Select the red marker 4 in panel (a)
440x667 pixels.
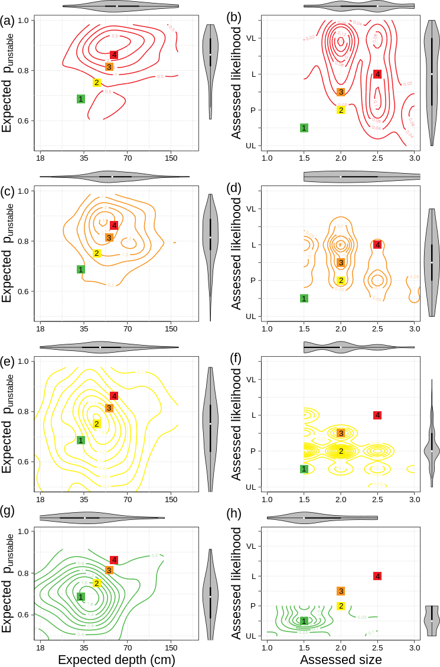tap(114, 55)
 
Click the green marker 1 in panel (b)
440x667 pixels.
tap(304, 128)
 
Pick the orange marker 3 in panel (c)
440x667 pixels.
tap(109, 237)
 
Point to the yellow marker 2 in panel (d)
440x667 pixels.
tap(341, 281)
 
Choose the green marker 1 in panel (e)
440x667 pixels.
tap(81, 440)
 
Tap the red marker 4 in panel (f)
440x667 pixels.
tap(377, 415)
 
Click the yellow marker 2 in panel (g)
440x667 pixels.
tap(97, 583)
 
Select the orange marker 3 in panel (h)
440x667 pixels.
tap(341, 591)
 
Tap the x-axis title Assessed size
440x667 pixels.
tap(341, 659)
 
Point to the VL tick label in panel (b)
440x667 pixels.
tap(251, 38)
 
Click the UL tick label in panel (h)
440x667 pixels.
tap(251, 636)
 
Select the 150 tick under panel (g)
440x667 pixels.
tap(171, 646)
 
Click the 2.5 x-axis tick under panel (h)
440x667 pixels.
tap(377, 646)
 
